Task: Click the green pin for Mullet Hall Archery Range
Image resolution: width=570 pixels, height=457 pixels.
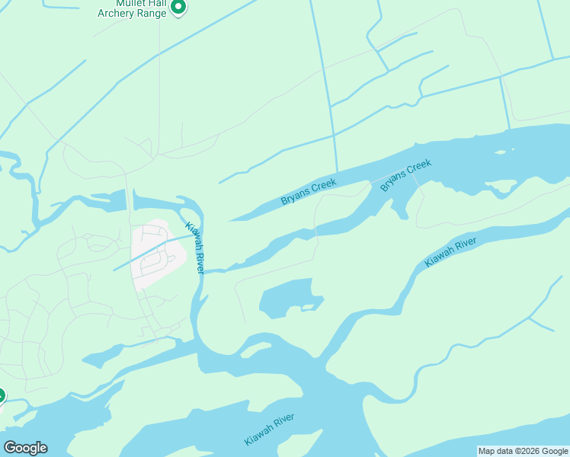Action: [178, 7]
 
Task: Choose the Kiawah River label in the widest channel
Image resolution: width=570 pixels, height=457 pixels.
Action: [269, 430]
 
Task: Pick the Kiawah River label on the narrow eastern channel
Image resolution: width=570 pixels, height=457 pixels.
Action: [450, 252]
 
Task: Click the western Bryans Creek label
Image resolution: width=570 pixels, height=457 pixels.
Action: [309, 190]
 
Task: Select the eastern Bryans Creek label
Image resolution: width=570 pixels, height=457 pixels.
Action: [406, 175]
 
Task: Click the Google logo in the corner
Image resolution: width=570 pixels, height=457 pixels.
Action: [25, 448]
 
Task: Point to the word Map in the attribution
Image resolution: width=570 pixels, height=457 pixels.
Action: [487, 451]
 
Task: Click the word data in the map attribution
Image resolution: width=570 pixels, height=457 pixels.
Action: [502, 451]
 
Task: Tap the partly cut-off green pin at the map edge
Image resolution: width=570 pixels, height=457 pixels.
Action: [2, 396]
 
